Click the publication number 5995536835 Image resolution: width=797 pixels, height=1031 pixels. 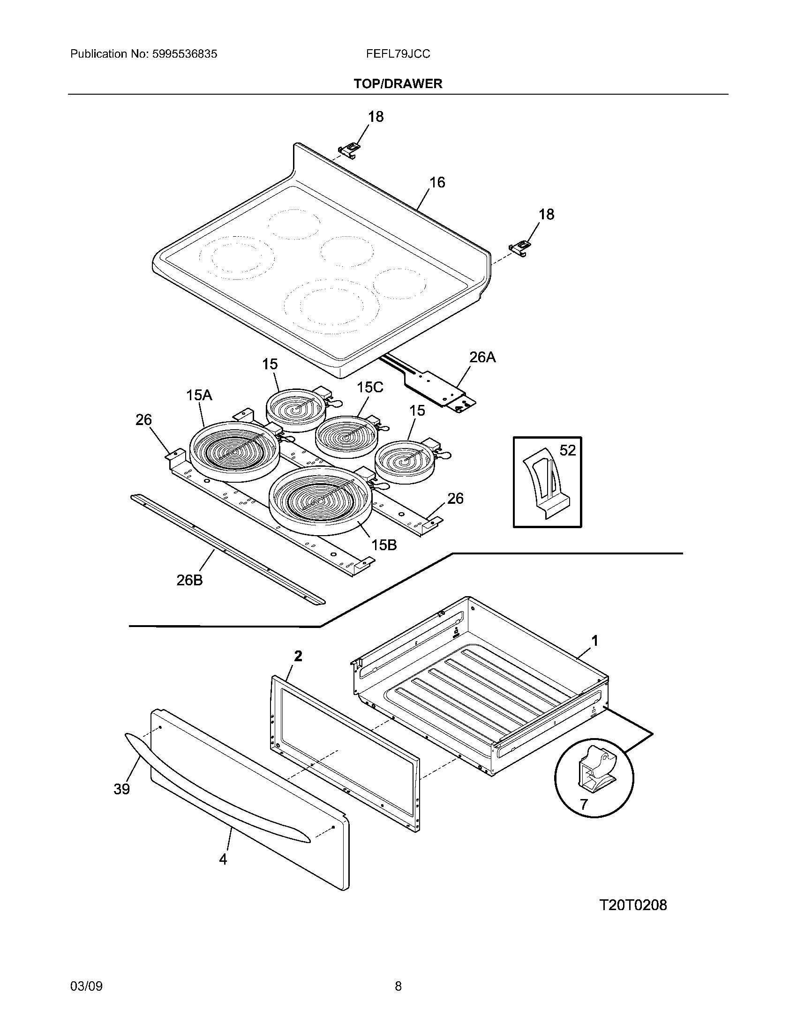coord(185,54)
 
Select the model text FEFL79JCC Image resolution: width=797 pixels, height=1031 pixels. coord(398,54)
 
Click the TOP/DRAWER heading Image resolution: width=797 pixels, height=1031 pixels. coord(398,84)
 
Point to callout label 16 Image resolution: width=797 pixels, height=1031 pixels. coord(437,183)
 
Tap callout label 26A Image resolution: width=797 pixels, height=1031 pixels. coord(482,358)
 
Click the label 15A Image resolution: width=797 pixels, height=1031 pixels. coord(199,395)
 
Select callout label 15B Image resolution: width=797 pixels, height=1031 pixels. coord(383,545)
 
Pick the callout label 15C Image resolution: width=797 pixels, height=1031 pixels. coord(370,388)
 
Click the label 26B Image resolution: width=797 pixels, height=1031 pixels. coord(189,580)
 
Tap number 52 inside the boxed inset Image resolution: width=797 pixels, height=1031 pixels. coord(567,450)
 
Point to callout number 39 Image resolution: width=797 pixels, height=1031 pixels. coord(122,789)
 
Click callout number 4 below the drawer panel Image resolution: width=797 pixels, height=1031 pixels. coord(223,859)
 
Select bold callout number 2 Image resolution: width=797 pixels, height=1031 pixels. coord(298,656)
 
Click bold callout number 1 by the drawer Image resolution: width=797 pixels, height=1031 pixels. coord(595,641)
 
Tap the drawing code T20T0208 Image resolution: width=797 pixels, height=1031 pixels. coord(633,905)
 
